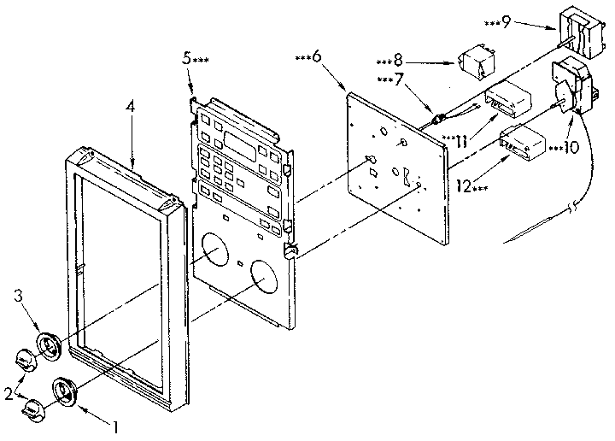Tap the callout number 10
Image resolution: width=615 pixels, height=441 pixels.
click(568, 146)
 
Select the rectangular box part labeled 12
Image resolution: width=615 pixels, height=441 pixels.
click(524, 143)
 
